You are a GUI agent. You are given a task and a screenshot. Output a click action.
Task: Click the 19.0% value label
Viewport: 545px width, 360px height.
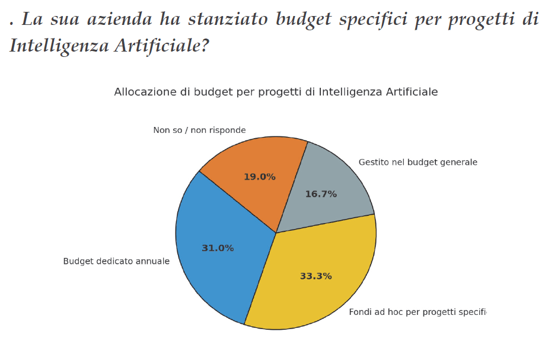point(260,177)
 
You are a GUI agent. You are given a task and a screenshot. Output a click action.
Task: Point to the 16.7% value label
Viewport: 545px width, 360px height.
point(321,194)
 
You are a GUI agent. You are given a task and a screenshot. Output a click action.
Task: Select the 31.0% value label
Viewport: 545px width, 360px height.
point(218,249)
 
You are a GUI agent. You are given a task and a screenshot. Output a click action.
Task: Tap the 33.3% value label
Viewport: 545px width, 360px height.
point(315,276)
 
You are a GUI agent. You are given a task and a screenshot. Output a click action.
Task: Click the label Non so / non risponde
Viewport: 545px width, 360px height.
point(199,130)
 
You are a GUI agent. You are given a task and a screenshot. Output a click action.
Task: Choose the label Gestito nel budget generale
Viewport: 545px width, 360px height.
point(418,163)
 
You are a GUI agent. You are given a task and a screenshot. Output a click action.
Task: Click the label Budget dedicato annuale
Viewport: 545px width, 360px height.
point(116,262)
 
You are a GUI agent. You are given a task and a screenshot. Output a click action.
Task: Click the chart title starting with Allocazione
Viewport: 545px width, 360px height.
point(276,92)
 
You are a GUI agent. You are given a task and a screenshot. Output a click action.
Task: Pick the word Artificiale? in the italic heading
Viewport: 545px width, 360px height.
point(160,46)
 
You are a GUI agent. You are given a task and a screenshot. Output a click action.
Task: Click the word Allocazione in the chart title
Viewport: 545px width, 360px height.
point(142,92)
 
